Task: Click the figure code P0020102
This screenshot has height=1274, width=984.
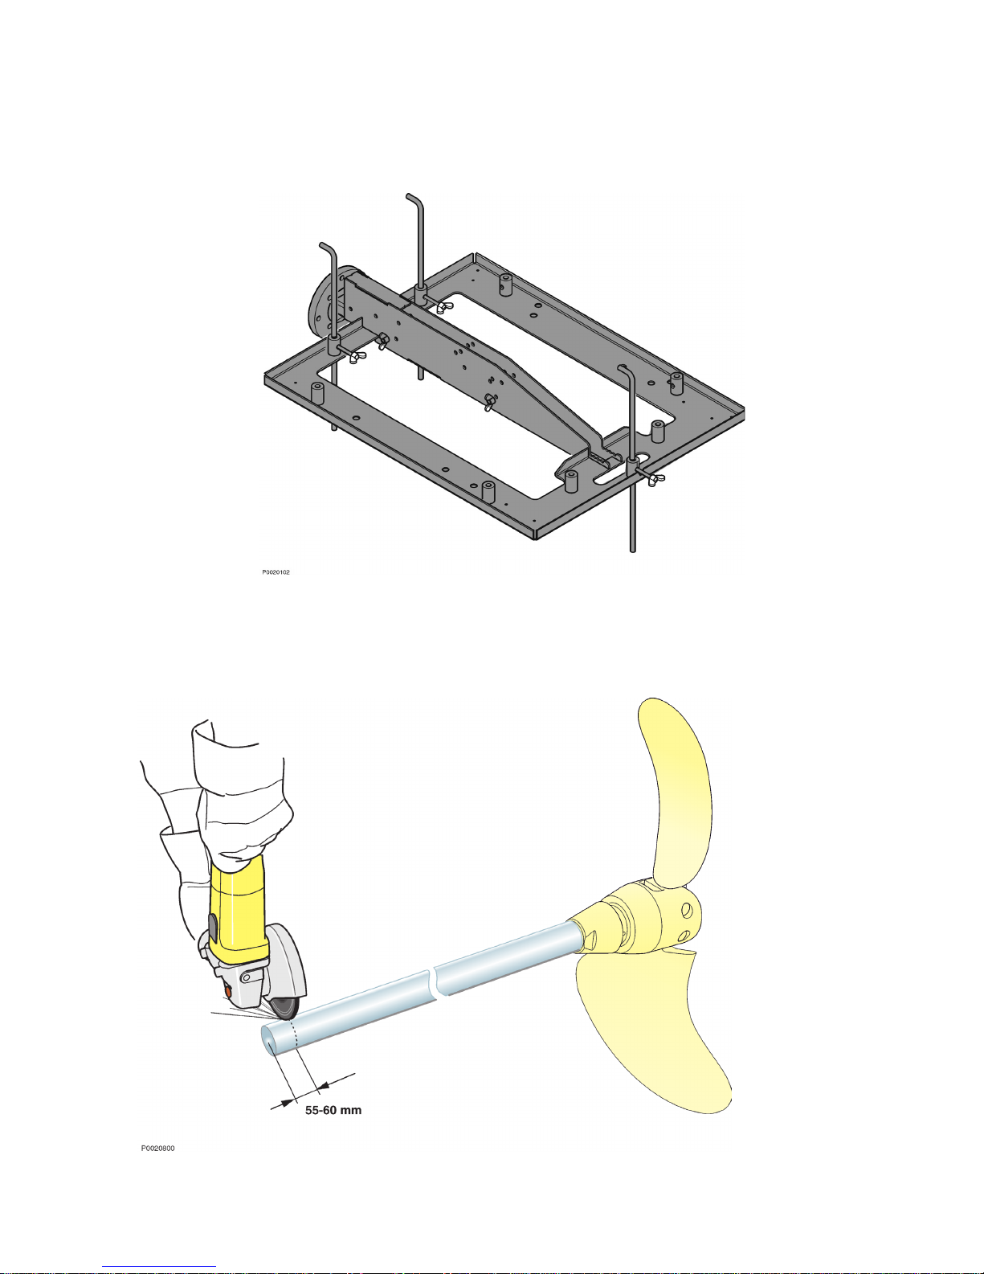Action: (x=276, y=571)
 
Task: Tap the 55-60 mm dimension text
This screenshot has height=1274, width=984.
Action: (x=333, y=1110)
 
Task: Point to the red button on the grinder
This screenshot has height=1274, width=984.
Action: (x=227, y=992)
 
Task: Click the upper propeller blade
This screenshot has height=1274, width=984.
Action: (x=676, y=792)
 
